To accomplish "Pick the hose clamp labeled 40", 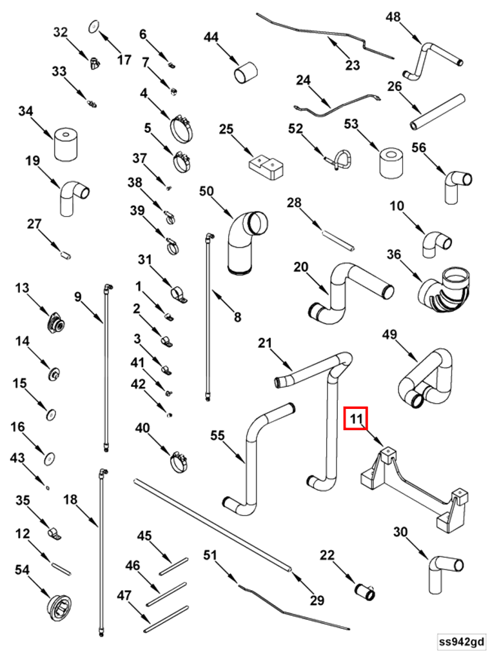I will [180, 461].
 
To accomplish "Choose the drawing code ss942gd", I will [460, 641].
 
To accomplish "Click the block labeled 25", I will [267, 164].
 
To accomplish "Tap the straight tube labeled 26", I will [437, 111].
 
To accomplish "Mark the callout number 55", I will [217, 436].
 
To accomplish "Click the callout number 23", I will [352, 64].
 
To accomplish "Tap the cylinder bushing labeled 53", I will [390, 162].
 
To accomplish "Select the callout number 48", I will [393, 17].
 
